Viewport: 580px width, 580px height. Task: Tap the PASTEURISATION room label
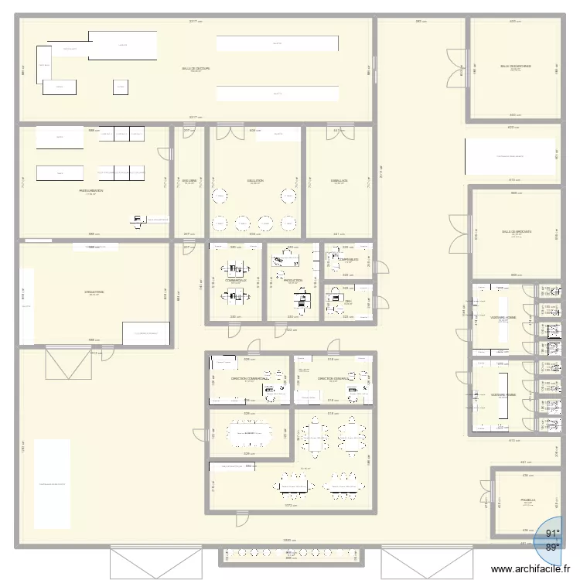[91, 190]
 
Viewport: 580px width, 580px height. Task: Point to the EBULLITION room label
[256, 180]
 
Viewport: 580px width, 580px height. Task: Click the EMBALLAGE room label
[339, 180]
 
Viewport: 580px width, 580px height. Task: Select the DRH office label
[348, 301]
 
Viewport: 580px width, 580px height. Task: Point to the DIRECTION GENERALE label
[333, 379]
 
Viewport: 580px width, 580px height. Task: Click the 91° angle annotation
[553, 534]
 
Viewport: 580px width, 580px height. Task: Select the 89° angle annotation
[553, 548]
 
